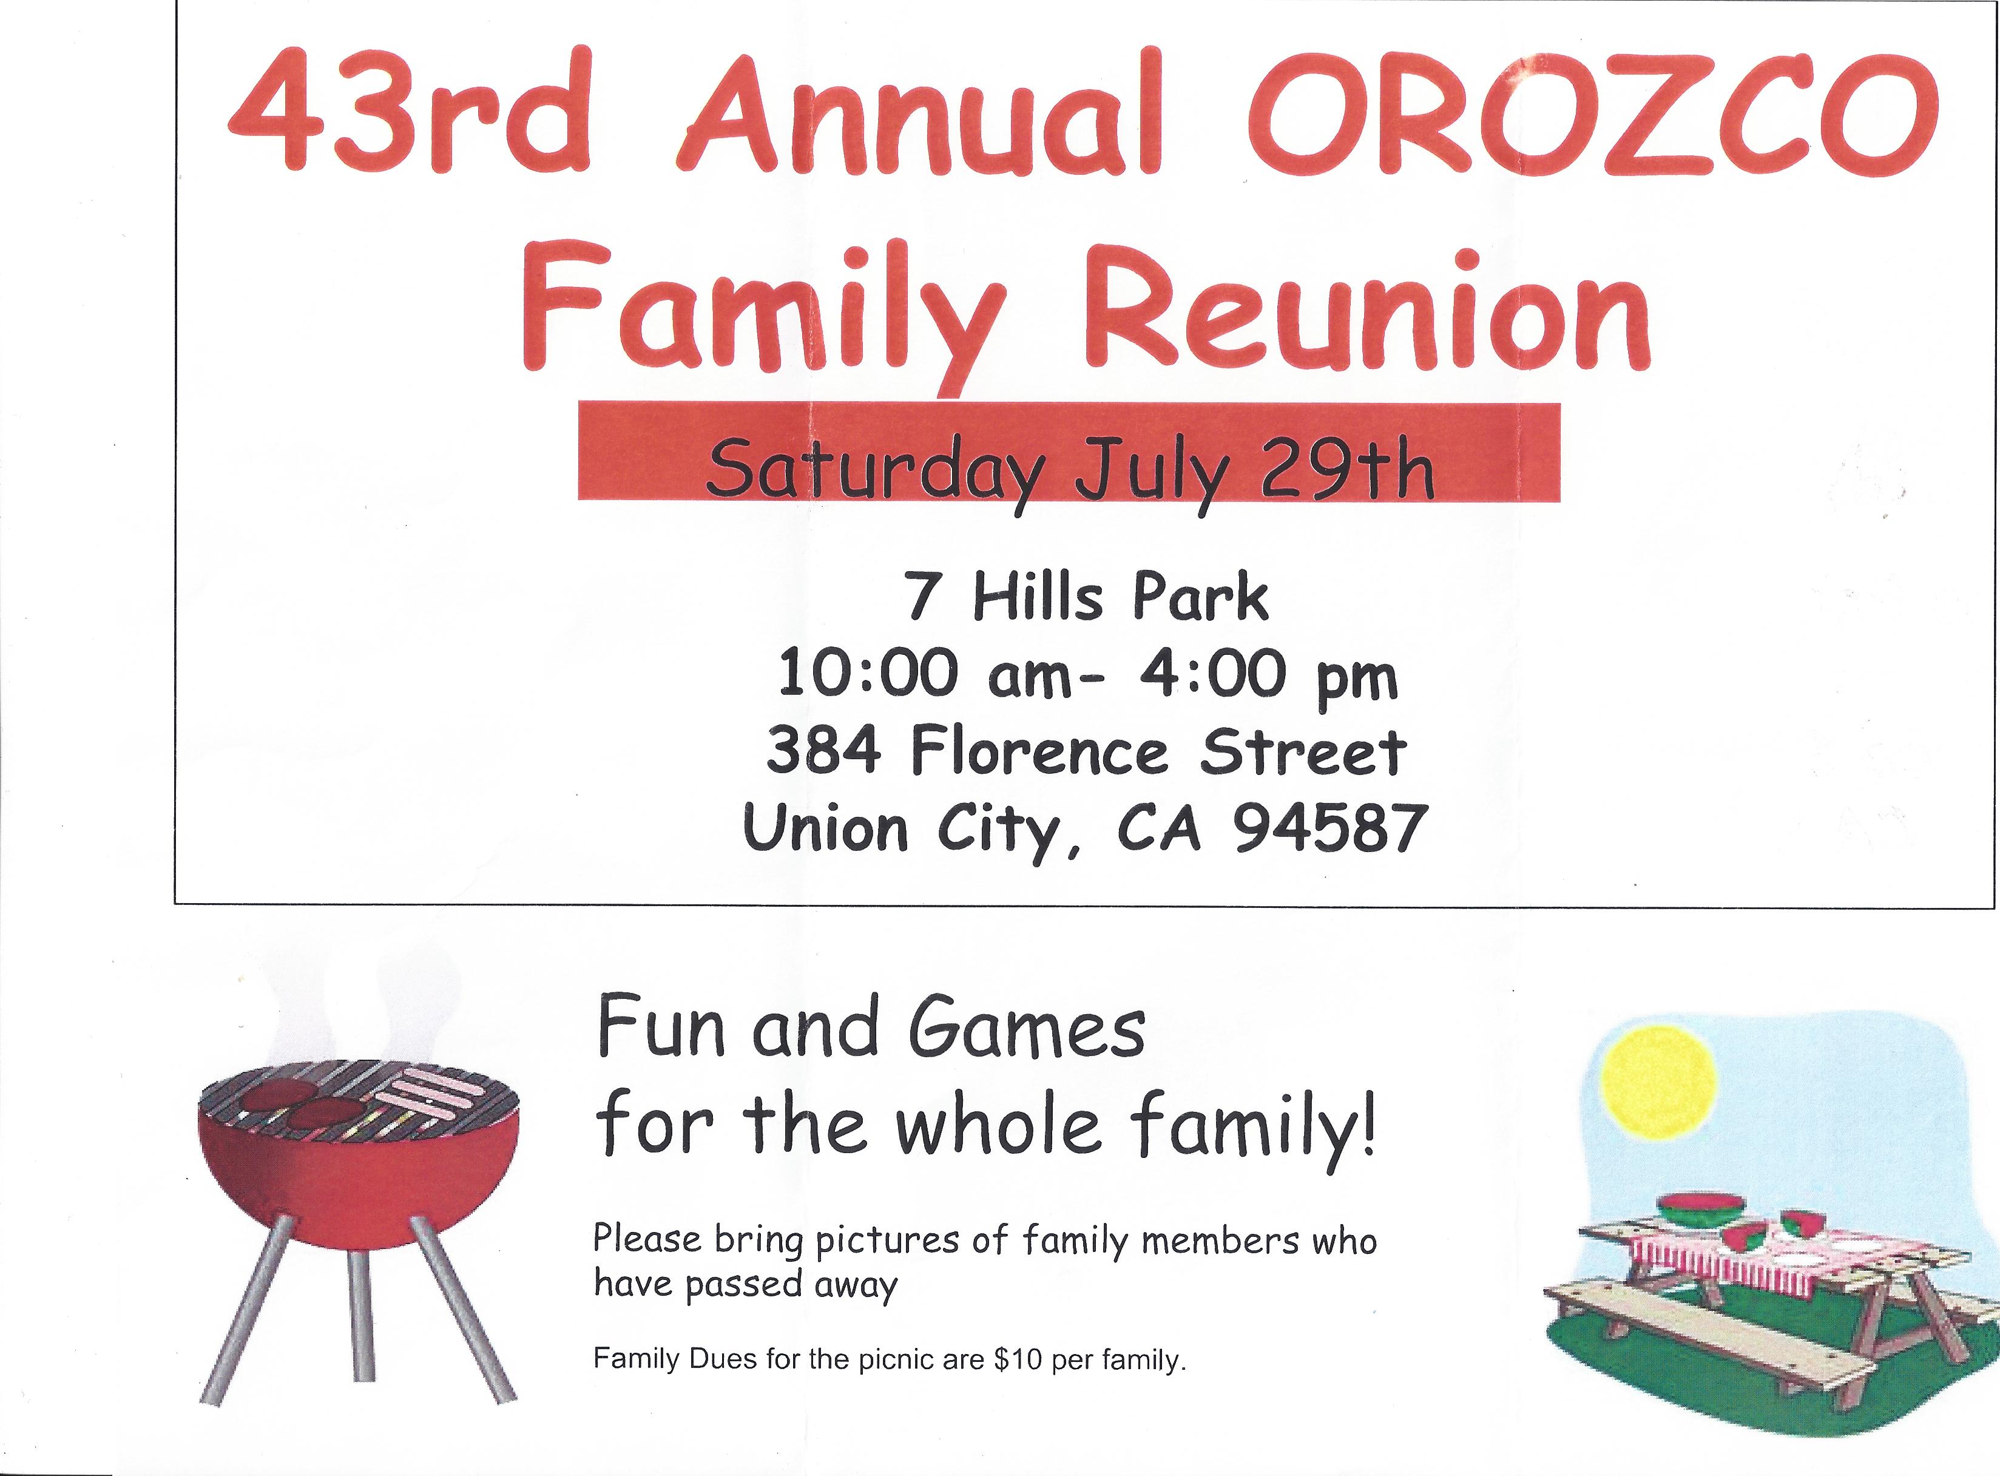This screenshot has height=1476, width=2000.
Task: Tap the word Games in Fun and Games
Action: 1027,1029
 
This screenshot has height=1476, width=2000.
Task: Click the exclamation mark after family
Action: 1366,1128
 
